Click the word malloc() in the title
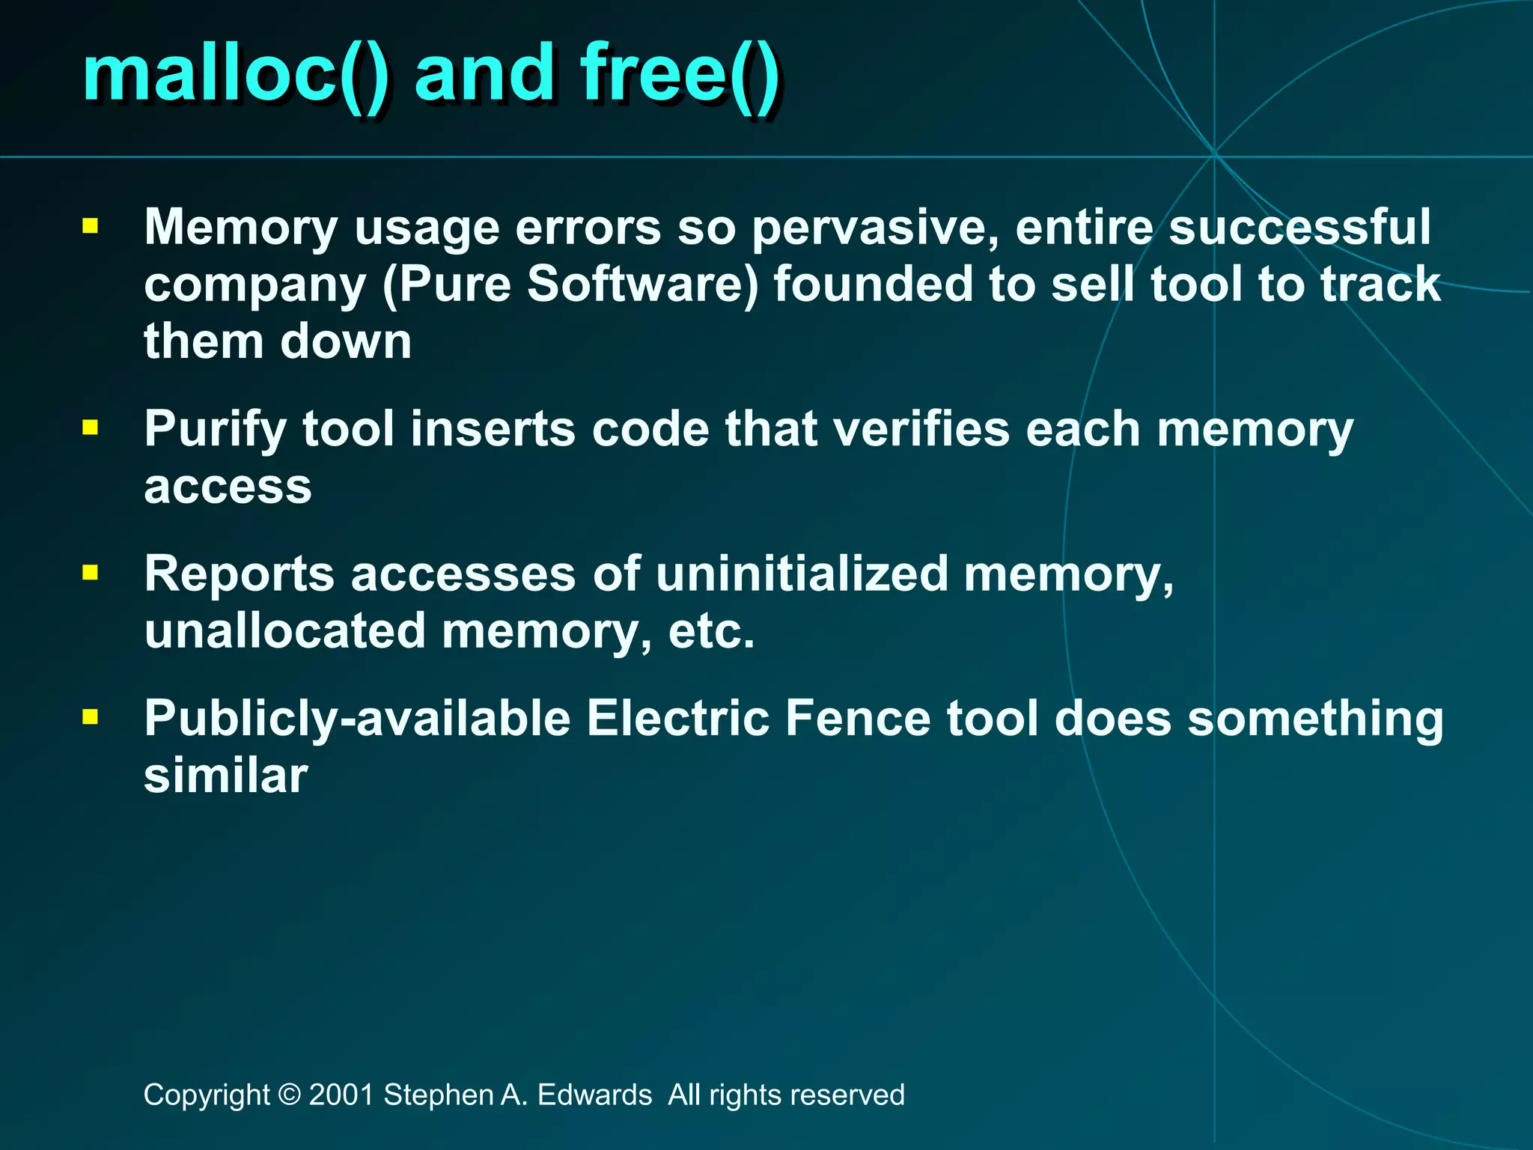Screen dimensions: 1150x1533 tap(236, 75)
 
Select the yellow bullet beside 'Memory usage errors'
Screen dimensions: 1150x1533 tap(91, 226)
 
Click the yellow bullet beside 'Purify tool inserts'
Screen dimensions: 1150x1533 tap(91, 428)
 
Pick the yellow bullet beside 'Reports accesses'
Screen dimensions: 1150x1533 tap(91, 574)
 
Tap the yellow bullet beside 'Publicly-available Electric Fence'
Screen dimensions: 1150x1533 tap(91, 718)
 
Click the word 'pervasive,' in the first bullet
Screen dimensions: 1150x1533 tap(875, 228)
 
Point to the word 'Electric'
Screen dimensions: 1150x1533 tap(677, 718)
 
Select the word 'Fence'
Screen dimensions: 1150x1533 tap(858, 718)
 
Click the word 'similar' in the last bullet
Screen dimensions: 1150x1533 tap(225, 776)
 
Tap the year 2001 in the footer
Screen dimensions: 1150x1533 tap(341, 1095)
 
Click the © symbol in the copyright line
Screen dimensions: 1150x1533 tap(289, 1095)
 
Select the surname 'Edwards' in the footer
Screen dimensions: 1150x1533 tap(594, 1095)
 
